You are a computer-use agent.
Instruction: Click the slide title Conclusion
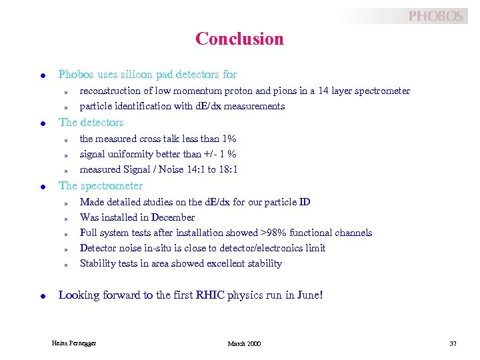[x=239, y=39]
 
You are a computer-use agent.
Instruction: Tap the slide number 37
[x=453, y=343]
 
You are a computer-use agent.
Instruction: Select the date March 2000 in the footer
[x=244, y=343]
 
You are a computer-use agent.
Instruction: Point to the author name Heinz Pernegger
[x=73, y=343]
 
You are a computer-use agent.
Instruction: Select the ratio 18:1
[x=227, y=169]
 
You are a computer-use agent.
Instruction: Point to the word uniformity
[x=132, y=154]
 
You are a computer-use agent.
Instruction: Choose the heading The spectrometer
[x=101, y=186]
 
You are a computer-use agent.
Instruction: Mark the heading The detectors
[x=91, y=123]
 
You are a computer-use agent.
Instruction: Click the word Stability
[x=97, y=263]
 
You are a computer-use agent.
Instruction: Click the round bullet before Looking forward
[x=42, y=295]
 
